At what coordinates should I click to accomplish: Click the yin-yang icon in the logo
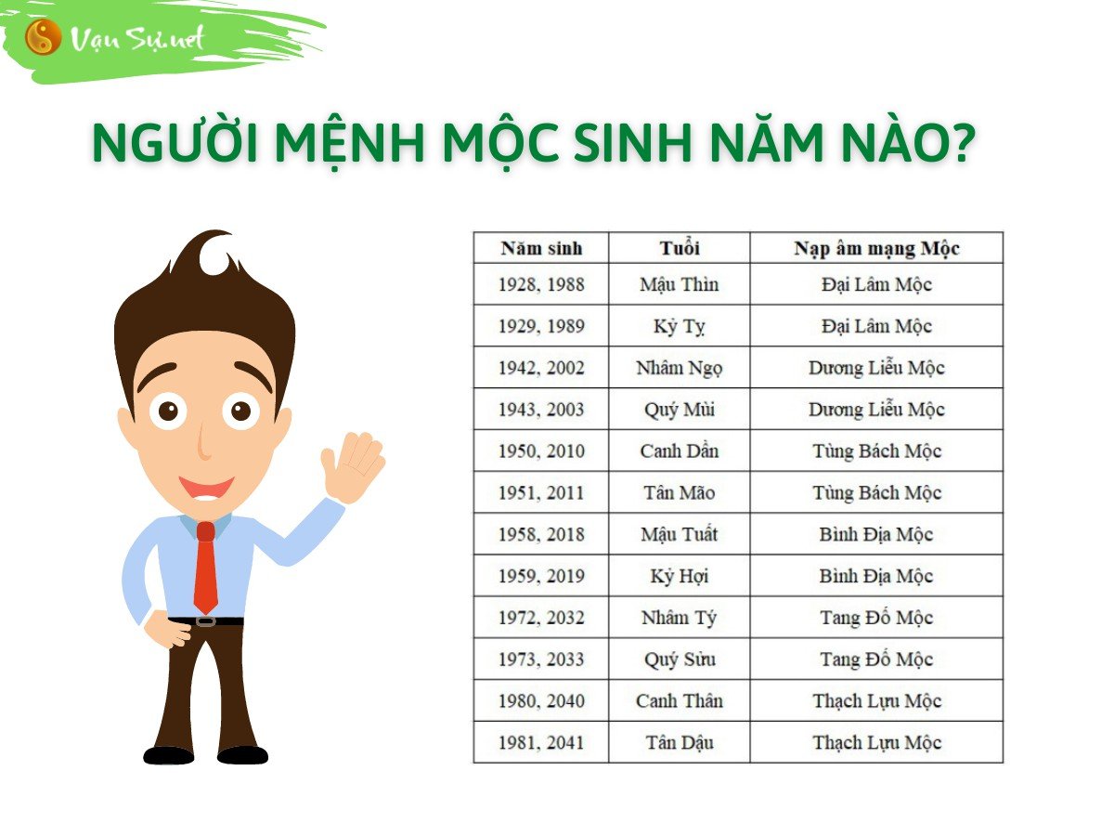(43, 38)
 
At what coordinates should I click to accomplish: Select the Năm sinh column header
(541, 248)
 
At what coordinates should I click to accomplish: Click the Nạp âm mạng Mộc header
(876, 248)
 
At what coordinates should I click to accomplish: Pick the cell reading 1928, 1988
(541, 284)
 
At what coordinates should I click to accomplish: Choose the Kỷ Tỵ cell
(679, 326)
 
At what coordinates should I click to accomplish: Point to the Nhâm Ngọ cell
(679, 368)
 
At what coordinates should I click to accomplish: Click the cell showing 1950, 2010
(541, 451)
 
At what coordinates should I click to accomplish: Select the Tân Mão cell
(679, 493)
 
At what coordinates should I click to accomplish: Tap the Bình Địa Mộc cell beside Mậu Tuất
(876, 534)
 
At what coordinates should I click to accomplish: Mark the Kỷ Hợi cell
(679, 576)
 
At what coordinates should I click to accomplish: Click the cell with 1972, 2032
(541, 618)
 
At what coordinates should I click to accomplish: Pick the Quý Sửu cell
(679, 660)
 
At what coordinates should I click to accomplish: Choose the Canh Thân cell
(679, 701)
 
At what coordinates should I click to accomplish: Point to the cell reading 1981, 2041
(541, 743)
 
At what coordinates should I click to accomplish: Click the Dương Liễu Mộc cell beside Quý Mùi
(876, 410)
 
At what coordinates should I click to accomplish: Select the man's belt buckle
(205, 620)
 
